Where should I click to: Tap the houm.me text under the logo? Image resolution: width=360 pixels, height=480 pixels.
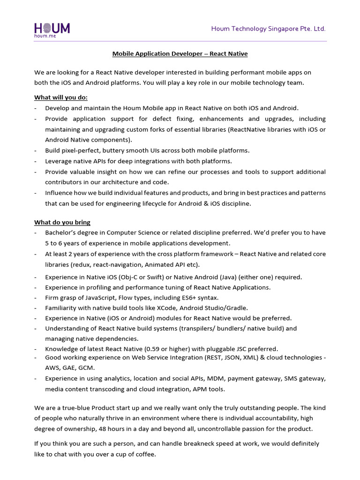click(45, 36)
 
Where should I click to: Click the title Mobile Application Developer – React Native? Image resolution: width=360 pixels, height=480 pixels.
click(180, 54)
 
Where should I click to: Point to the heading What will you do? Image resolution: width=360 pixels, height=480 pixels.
click(61, 97)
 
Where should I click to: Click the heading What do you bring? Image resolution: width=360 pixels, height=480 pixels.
click(62, 222)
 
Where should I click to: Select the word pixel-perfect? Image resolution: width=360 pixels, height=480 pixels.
click(81, 150)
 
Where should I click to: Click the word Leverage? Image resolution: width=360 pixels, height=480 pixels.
click(59, 161)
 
